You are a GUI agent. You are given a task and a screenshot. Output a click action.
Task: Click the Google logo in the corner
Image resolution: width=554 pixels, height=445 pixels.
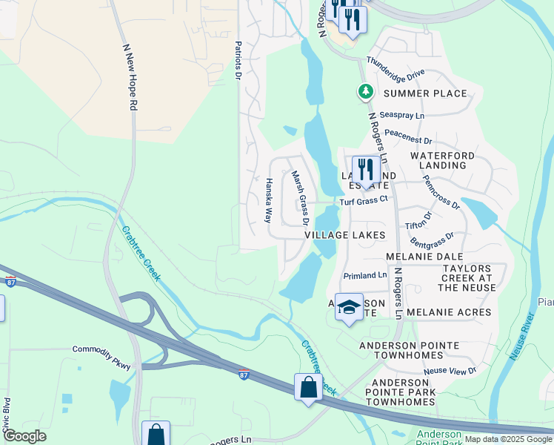[x=24, y=436]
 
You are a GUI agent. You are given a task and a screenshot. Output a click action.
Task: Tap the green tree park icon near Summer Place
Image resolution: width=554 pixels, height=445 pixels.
[x=365, y=91]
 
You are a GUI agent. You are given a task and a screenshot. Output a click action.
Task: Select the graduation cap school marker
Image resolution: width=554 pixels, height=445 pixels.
[x=348, y=307]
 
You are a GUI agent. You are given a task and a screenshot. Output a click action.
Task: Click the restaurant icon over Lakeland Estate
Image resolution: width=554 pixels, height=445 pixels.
[x=366, y=168]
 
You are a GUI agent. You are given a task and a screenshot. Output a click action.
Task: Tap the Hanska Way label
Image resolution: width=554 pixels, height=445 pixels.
[x=268, y=200]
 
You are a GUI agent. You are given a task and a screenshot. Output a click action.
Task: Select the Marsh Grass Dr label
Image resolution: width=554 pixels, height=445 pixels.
[x=299, y=198]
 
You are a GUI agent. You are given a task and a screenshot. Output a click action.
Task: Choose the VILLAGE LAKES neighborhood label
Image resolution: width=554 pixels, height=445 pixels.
[x=344, y=234]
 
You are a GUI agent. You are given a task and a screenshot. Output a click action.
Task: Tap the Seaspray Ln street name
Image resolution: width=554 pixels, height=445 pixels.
[x=401, y=116]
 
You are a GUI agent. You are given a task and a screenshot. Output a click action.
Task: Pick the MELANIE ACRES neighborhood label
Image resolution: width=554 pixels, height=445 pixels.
[x=449, y=312]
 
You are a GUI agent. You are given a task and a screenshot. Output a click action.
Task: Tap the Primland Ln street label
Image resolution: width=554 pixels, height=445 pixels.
[x=365, y=275]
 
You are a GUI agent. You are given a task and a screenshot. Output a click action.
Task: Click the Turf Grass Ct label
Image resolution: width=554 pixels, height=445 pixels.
[x=364, y=200]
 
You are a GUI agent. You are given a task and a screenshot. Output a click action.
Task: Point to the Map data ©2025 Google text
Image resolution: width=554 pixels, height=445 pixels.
[x=508, y=439]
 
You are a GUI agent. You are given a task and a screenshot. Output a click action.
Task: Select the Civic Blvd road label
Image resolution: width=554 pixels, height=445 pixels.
[x=7, y=416]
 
